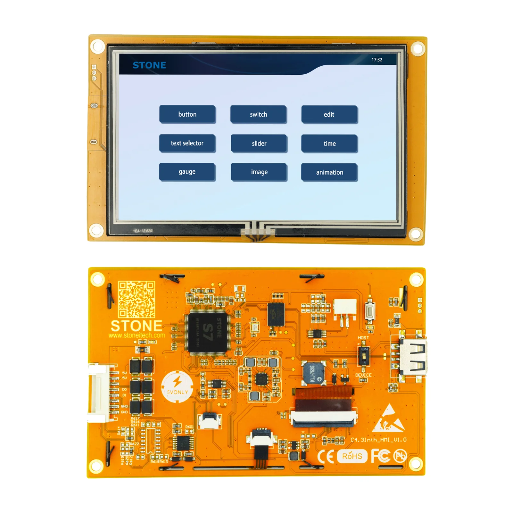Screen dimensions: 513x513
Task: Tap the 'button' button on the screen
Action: click(x=187, y=114)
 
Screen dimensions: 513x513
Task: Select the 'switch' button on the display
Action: click(x=258, y=114)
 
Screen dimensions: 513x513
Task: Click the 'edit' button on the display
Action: click(x=329, y=114)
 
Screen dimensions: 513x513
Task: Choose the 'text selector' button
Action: click(x=187, y=143)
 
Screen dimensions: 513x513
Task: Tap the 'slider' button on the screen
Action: click(x=259, y=144)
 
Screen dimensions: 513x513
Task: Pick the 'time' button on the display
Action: click(x=329, y=144)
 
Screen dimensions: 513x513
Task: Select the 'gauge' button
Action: click(x=187, y=172)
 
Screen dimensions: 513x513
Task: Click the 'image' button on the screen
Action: click(x=259, y=172)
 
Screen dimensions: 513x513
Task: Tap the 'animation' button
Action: click(x=329, y=172)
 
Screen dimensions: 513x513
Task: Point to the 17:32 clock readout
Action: click(x=377, y=60)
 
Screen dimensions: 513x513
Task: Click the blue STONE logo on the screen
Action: click(x=149, y=65)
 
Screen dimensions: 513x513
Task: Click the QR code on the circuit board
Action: click(x=137, y=299)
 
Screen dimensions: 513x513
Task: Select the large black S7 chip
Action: click(x=208, y=332)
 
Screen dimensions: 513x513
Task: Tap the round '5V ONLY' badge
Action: click(x=177, y=387)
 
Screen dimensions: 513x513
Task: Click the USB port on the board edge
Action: click(x=414, y=357)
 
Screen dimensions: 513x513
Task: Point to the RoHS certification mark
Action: click(x=352, y=456)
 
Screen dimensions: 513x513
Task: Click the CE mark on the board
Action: click(x=325, y=456)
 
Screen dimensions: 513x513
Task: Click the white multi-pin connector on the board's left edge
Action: click(x=99, y=393)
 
